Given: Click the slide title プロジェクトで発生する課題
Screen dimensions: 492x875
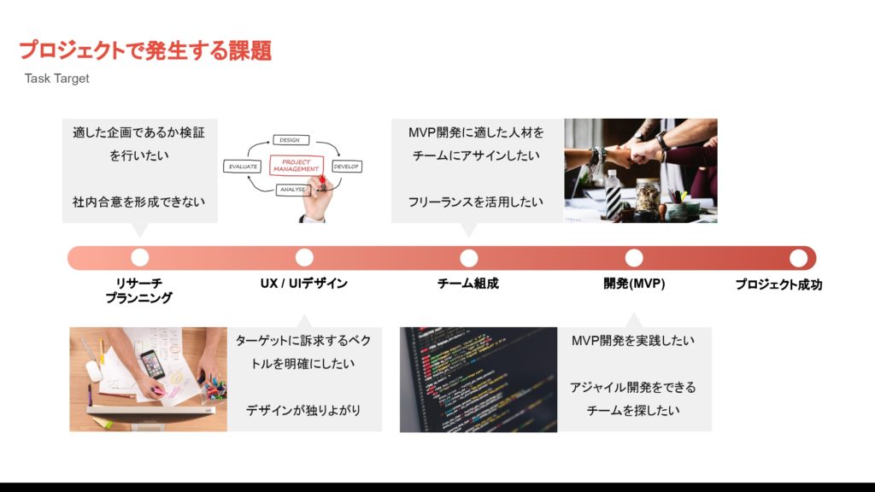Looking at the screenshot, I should (x=145, y=51).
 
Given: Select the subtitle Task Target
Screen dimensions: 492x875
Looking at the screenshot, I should (x=57, y=79).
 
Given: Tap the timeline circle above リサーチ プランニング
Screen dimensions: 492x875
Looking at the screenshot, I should (x=140, y=257).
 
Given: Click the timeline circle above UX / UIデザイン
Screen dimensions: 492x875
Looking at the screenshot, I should (x=304, y=257).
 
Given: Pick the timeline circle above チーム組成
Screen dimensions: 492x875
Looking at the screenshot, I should (x=468, y=257).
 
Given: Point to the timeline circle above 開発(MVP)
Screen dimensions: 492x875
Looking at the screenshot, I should (x=633, y=257).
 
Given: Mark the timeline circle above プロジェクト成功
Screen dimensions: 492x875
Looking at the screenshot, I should (x=798, y=257).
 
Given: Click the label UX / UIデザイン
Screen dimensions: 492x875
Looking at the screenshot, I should (x=304, y=284).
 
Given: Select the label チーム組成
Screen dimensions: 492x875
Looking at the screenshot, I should (x=468, y=284).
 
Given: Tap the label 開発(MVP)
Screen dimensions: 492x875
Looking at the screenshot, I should (x=633, y=284).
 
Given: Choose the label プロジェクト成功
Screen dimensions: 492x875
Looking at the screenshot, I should (x=778, y=284).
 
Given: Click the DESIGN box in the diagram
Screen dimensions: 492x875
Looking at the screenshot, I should (x=290, y=140).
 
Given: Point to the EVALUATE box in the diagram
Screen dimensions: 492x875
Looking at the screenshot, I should (x=243, y=167).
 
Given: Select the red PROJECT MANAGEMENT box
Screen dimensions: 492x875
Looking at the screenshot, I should (x=296, y=165).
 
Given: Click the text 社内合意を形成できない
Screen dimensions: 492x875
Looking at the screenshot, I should (x=139, y=202).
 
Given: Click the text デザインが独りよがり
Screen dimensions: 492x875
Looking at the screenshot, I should (x=303, y=410).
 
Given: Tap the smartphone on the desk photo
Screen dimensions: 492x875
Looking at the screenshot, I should (x=152, y=363).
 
